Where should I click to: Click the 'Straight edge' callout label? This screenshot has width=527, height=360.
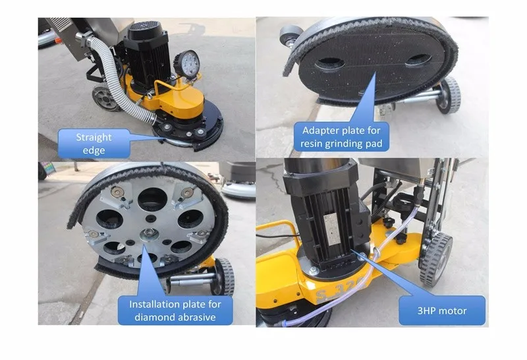click(94, 144)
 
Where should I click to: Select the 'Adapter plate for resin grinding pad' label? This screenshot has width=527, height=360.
click(341, 137)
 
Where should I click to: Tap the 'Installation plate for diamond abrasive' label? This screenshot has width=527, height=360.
click(175, 311)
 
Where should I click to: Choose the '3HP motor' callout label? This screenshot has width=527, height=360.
click(442, 311)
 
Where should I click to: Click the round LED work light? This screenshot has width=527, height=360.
click(188, 64)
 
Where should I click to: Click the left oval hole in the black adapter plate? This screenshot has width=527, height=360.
click(331, 63)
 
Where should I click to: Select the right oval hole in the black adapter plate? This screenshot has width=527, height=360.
click(418, 60)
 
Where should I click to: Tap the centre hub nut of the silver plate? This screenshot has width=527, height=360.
click(148, 232)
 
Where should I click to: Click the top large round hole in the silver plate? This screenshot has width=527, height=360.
click(152, 199)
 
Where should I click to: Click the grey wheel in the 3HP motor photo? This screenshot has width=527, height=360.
click(435, 258)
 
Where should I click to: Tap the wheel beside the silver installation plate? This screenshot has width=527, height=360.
click(224, 276)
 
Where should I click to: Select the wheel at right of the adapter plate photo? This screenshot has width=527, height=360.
click(448, 96)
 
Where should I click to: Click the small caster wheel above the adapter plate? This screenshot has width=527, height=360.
click(290, 35)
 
